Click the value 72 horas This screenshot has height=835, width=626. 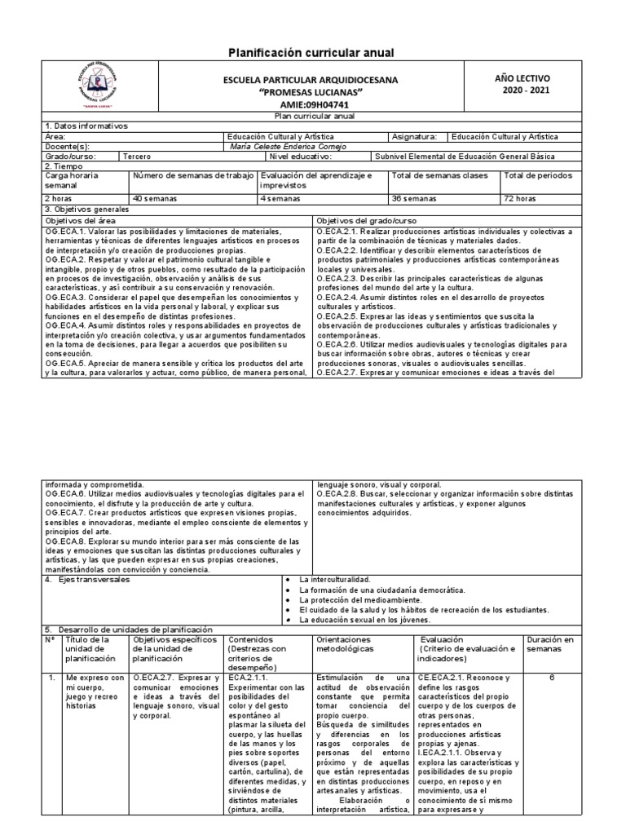(521, 198)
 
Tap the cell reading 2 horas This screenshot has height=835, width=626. (60, 198)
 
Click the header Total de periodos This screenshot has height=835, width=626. (539, 175)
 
